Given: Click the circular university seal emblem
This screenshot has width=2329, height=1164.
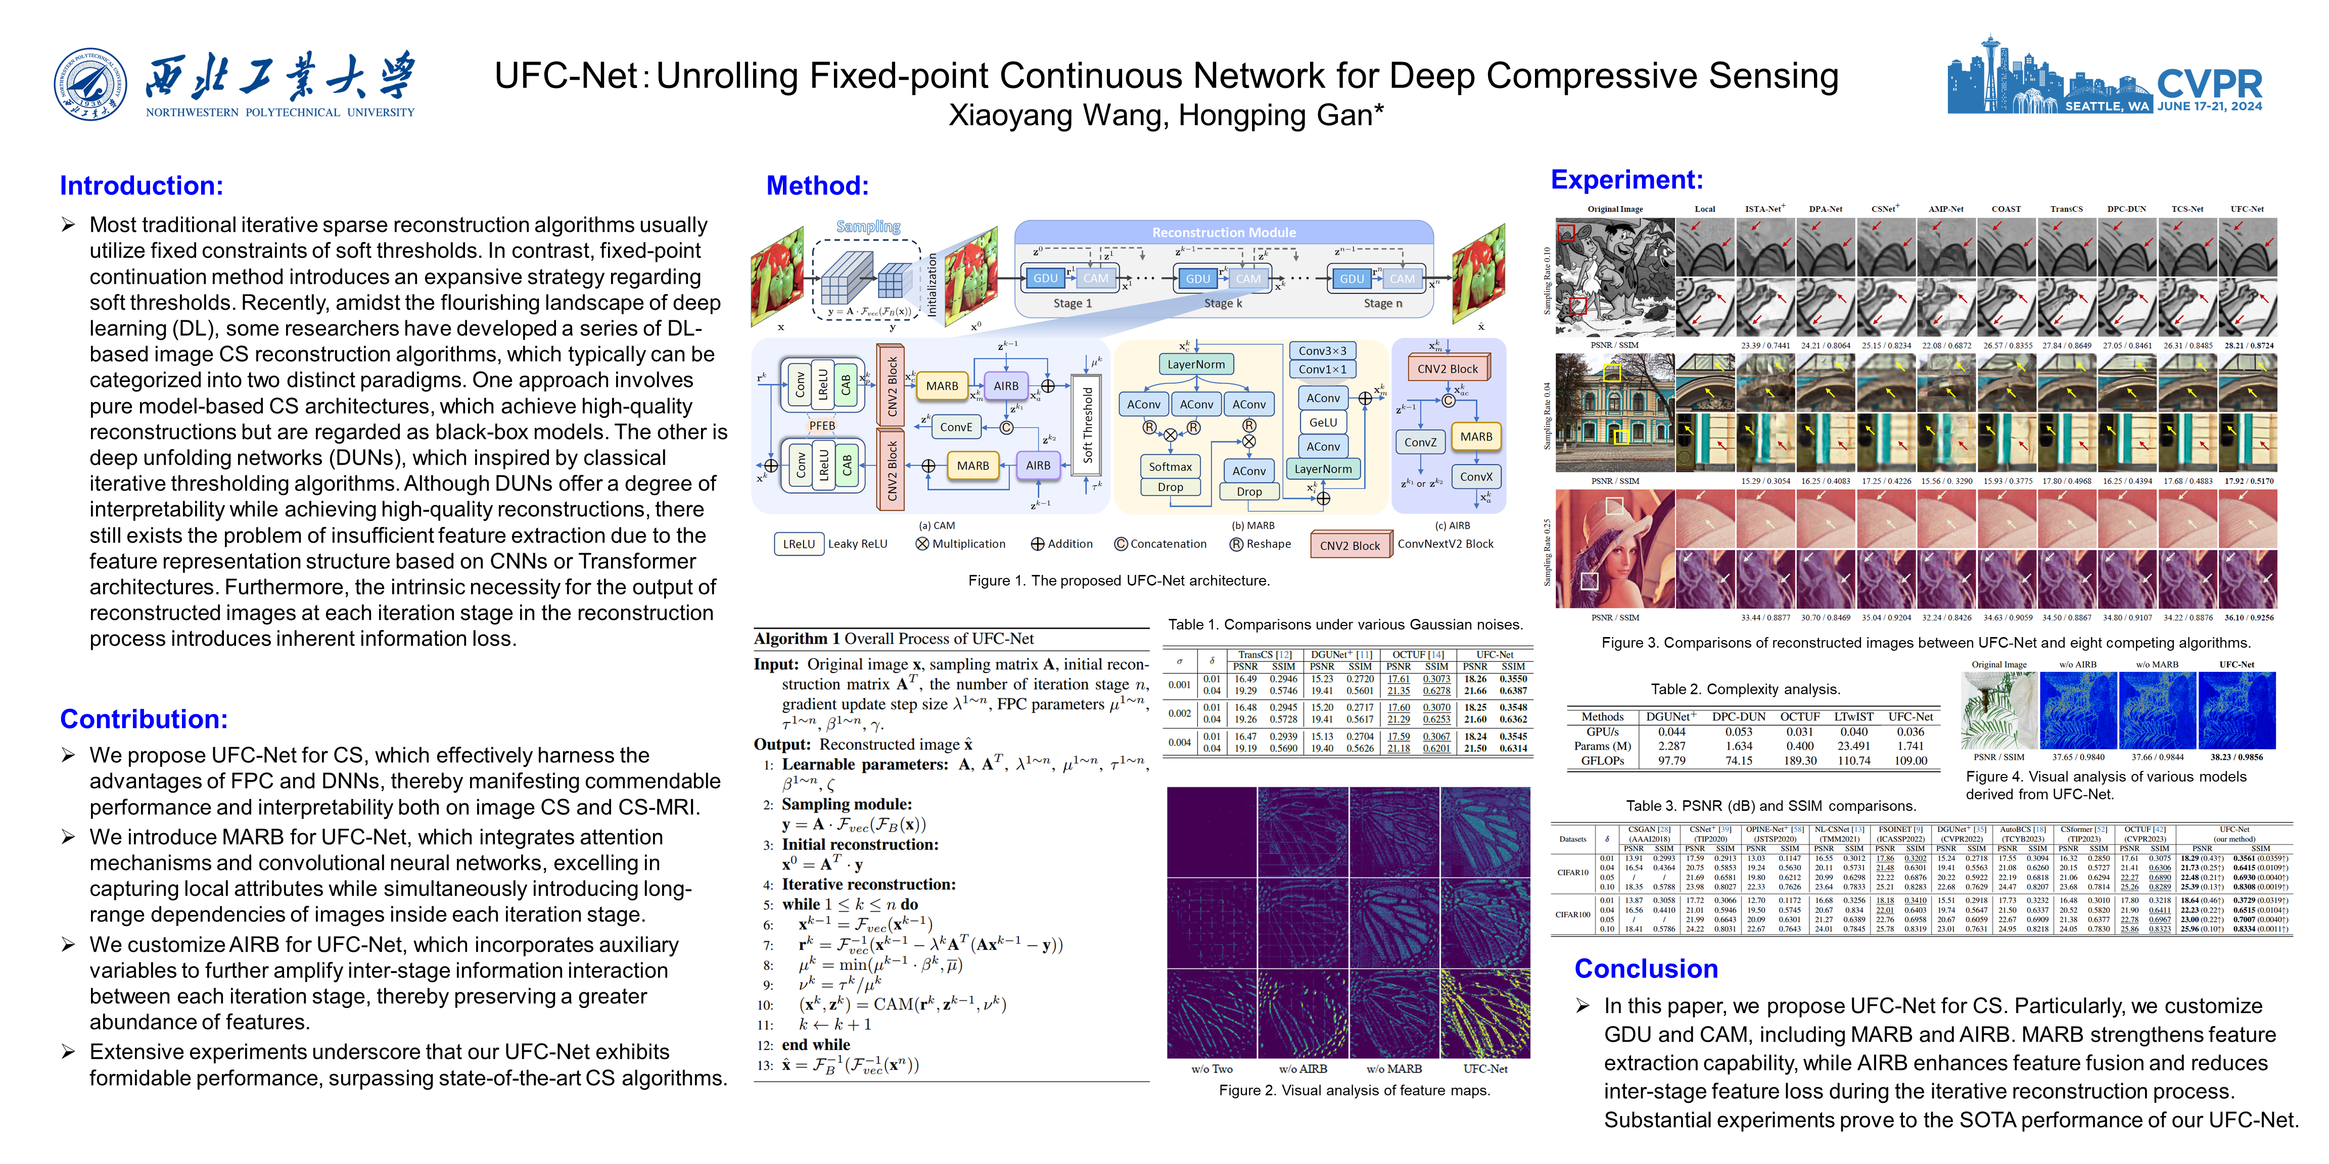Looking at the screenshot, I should click(90, 84).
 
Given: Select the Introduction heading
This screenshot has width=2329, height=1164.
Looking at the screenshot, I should click(141, 185).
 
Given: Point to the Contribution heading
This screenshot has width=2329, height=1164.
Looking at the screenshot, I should click(144, 718).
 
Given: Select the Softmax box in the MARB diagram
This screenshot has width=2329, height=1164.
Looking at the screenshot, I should click(1170, 466).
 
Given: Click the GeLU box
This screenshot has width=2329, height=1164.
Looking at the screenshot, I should click(1323, 422).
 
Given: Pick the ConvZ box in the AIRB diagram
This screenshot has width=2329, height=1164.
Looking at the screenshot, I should click(1420, 442).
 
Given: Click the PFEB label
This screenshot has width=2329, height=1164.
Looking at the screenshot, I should click(822, 426).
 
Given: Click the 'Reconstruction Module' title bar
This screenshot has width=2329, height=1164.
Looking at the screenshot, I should click(1223, 232).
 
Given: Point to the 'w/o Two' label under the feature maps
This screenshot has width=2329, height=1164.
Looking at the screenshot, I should click(1212, 1068).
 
